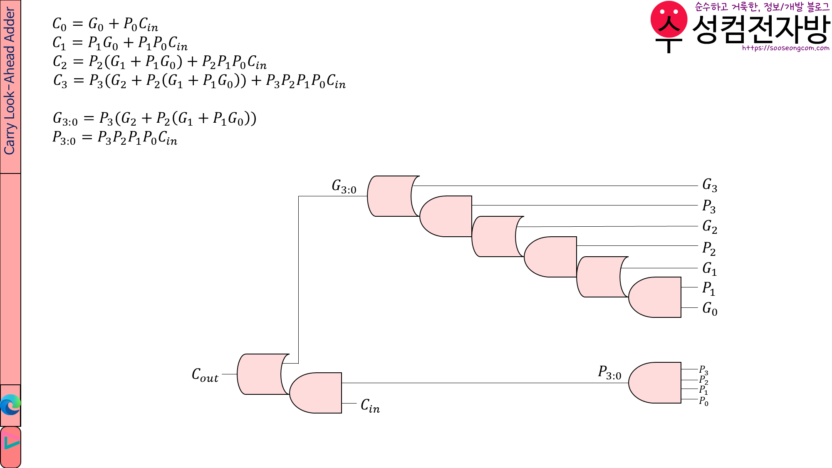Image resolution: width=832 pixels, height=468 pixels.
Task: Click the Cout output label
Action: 205,375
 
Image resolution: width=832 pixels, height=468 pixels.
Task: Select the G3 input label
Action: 709,185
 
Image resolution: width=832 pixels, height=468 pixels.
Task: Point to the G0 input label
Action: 709,309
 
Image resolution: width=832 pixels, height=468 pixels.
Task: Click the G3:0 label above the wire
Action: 344,186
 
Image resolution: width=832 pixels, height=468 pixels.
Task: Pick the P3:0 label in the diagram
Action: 609,372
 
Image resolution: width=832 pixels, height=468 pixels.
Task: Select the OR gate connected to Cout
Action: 261,374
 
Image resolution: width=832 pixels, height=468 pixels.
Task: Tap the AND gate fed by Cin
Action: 316,393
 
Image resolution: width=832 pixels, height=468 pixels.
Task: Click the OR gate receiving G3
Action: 391,196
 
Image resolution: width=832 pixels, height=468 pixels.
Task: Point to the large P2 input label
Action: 709,248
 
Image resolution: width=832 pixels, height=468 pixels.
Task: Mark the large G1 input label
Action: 709,269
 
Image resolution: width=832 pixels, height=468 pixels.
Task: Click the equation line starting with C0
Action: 105,24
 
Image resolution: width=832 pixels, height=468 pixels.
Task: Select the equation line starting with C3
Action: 199,81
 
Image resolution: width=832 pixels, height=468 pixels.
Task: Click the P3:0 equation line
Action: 114,138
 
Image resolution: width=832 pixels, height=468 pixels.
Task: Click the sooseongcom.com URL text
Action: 785,48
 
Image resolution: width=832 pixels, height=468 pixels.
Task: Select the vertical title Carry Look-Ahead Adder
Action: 10,81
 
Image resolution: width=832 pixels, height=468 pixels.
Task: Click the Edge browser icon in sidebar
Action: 10,405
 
